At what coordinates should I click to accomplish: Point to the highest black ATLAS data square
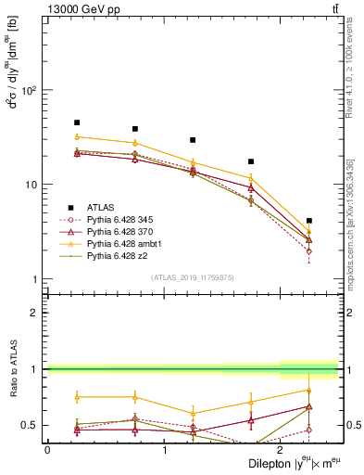(77, 122)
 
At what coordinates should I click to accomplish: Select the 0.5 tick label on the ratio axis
(31, 425)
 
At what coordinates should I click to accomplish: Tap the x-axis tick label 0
(47, 449)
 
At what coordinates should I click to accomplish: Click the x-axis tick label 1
(165, 449)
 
